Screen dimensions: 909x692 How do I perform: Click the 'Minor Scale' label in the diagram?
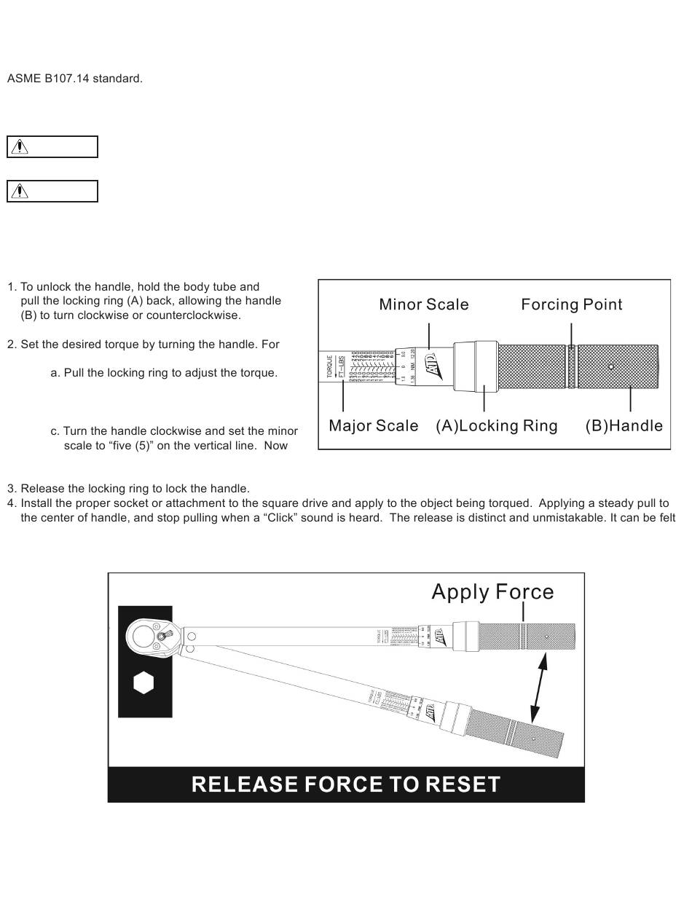[424, 304]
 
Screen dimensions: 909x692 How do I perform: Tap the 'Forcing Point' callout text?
[572, 304]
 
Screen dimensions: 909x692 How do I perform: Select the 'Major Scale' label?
[374, 425]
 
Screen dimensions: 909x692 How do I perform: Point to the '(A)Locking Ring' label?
[497, 425]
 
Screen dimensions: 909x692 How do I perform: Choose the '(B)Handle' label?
[624, 425]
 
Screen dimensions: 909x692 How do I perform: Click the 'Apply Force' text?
[492, 591]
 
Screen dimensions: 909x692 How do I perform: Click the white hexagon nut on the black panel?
[144, 683]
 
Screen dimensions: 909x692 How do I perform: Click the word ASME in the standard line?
[23, 79]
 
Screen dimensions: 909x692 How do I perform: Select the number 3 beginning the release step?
[11, 489]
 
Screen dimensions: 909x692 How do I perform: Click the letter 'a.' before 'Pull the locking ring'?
[55, 373]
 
